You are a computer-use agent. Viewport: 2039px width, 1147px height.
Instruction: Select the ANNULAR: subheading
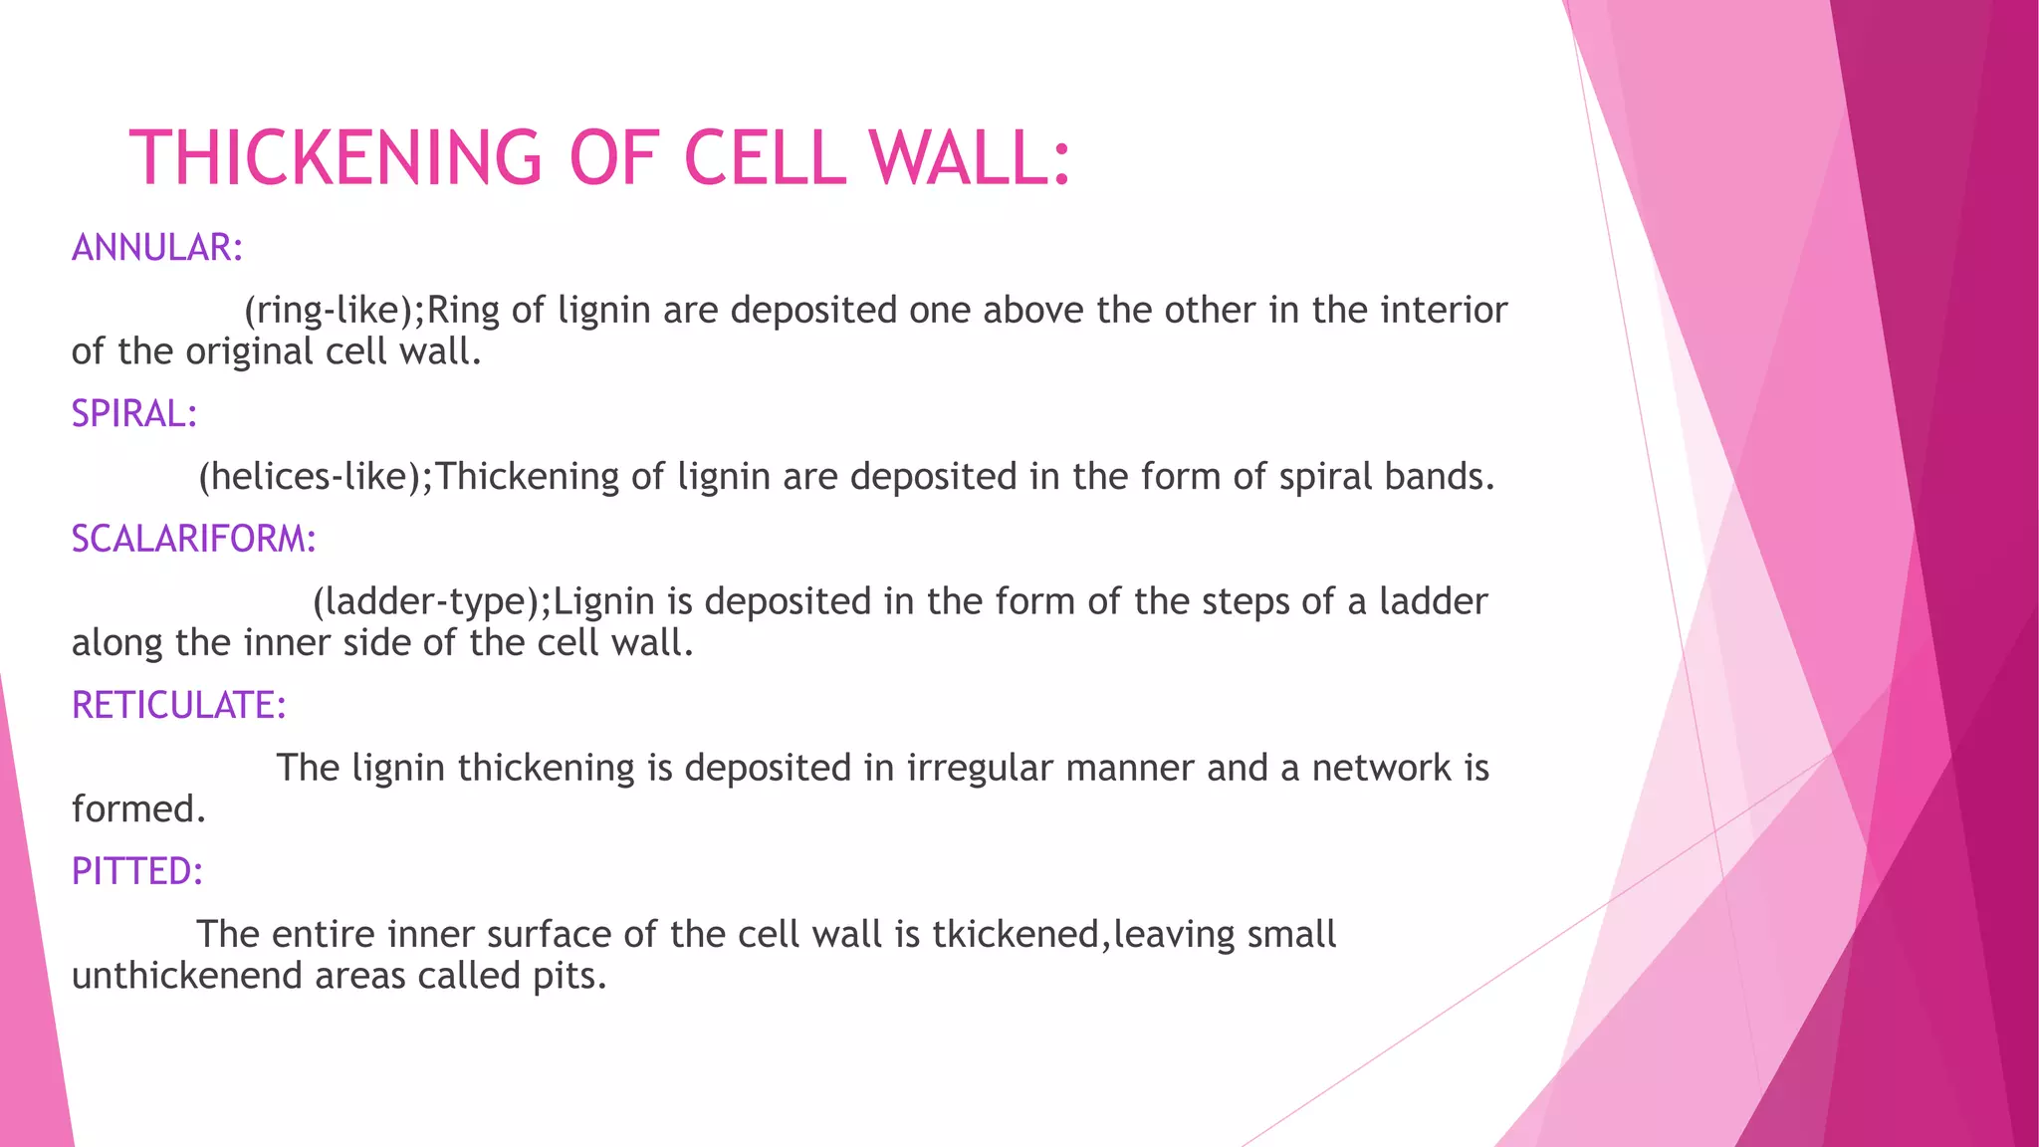157,248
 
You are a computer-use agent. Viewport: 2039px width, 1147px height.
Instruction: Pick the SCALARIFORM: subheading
193,540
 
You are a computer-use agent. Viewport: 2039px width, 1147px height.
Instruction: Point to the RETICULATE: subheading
179,706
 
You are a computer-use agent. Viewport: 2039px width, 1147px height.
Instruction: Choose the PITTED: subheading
137,872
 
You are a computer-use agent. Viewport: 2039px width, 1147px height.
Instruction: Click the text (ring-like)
329,311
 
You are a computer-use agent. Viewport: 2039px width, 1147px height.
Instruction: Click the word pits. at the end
569,976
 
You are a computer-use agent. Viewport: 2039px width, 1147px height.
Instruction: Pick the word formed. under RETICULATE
138,809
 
